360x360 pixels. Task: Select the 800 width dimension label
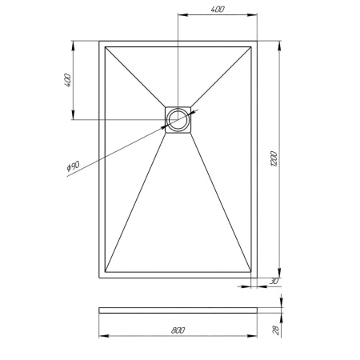(178, 330)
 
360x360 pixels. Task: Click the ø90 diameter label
(72, 166)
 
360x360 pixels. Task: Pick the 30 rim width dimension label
(274, 281)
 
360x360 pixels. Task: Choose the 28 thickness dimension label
(273, 329)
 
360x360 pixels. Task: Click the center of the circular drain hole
(178, 119)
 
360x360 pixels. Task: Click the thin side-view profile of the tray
(178, 309)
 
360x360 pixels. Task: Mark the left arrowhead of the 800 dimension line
(102, 335)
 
